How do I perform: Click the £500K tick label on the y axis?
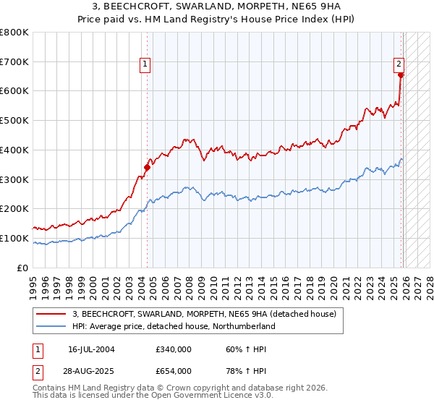[14, 121]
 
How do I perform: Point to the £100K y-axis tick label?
[14, 238]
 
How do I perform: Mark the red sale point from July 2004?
[147, 167]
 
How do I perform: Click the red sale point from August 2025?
[401, 74]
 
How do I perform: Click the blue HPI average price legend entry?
[174, 327]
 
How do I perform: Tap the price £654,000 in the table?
[173, 371]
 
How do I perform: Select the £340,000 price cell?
[173, 349]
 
